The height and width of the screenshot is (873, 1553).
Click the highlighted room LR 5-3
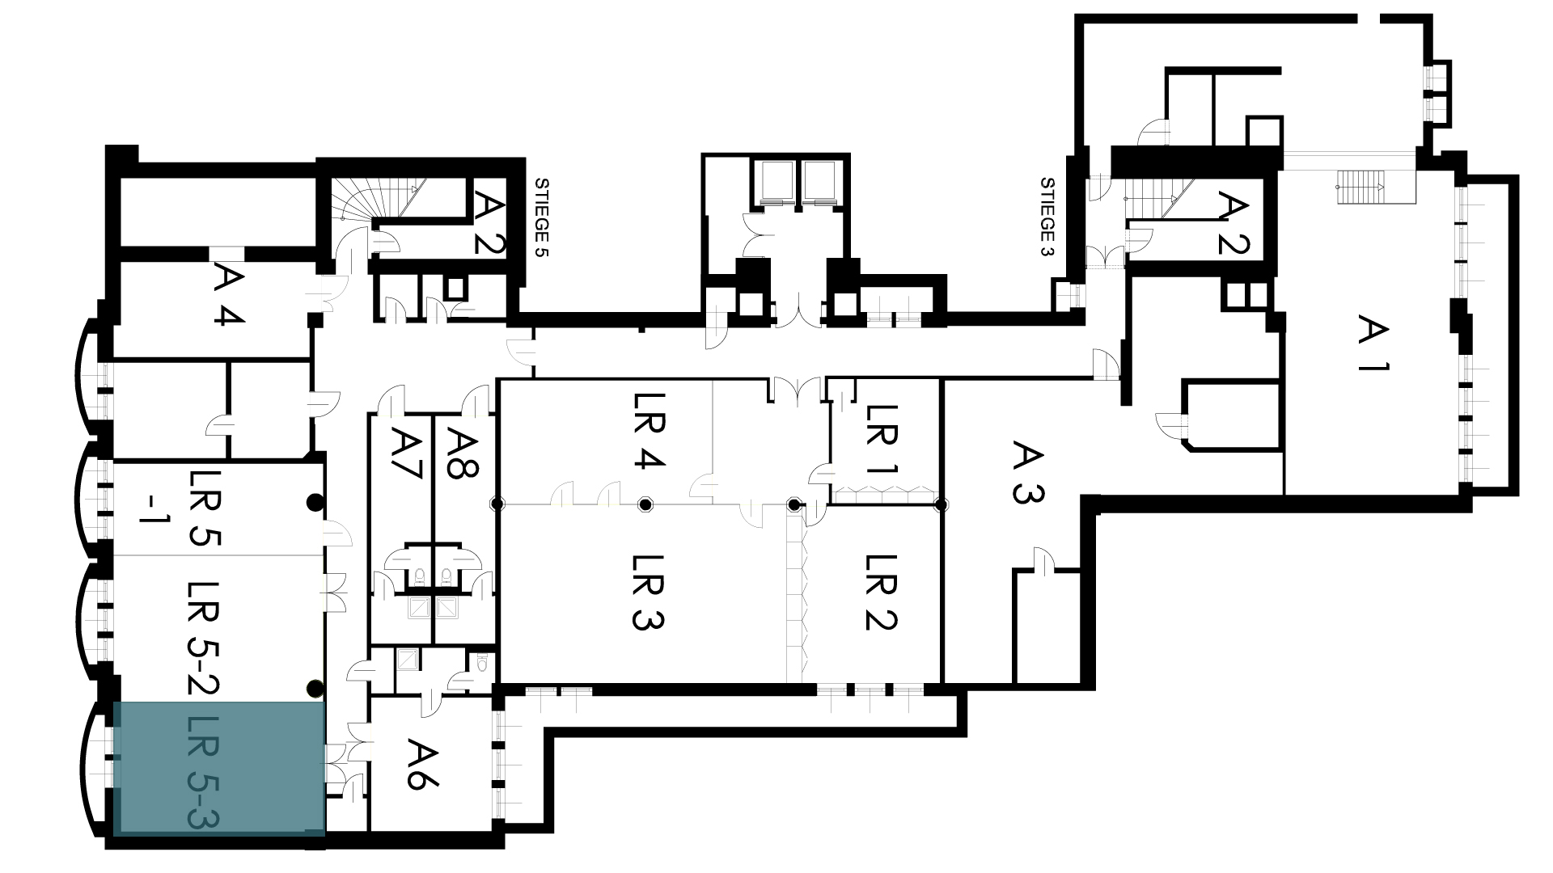point(218,769)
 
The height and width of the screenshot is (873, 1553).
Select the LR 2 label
point(882,593)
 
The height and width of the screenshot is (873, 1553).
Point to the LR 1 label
point(882,439)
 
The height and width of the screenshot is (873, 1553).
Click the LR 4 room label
point(649,431)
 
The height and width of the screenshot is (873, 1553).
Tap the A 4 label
point(231,296)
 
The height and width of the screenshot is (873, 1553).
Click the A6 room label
point(423,764)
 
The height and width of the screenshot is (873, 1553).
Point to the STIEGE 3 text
point(1048,217)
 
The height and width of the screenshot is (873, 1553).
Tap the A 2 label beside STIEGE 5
point(489,222)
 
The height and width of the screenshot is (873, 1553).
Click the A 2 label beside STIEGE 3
point(1234,222)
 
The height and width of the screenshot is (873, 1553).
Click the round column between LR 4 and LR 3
point(645,505)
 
